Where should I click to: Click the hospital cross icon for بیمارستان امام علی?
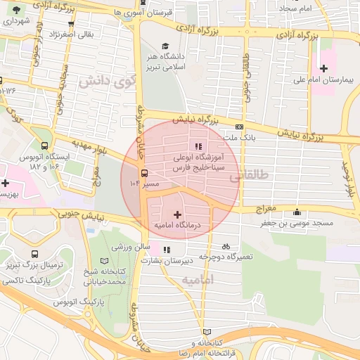point(323,68)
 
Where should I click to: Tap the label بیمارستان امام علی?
point(324,81)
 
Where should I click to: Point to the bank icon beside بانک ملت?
point(240,127)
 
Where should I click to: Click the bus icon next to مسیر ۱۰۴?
point(144,173)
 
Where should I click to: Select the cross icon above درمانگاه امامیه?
point(176,213)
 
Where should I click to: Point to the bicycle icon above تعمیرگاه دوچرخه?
point(226,247)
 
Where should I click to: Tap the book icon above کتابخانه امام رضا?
point(206,331)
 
